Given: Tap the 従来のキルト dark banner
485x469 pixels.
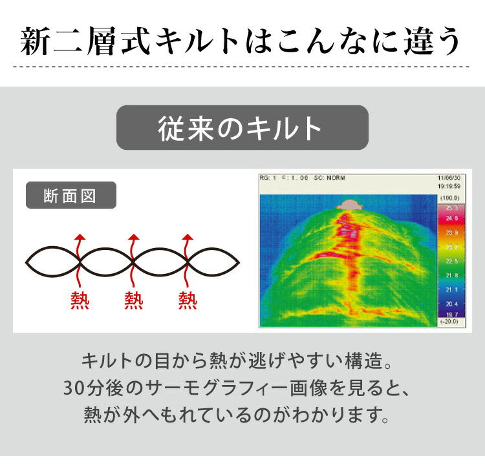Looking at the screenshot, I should click(242, 128).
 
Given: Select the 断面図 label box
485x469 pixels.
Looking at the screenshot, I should click(70, 195).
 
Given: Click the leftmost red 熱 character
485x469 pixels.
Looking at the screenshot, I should click(80, 300).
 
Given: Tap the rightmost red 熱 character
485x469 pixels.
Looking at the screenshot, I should click(188, 300).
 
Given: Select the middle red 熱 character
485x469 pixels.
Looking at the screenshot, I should click(133, 300).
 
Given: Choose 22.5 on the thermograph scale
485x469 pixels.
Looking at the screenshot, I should click(452, 261).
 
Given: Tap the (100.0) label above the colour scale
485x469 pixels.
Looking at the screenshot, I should click(453, 197).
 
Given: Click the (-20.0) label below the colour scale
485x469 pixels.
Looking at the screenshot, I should click(452, 322).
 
